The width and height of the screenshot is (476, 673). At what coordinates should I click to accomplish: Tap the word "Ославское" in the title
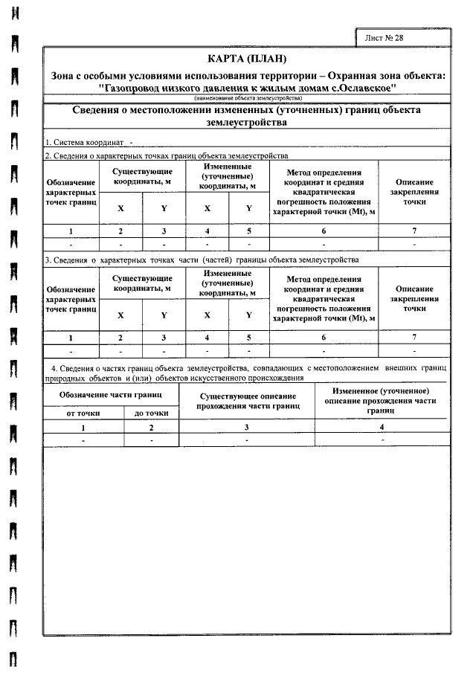(x=362, y=88)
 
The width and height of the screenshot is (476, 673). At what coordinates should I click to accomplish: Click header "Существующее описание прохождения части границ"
(x=248, y=402)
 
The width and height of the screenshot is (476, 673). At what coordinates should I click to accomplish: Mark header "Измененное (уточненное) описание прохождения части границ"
(x=380, y=400)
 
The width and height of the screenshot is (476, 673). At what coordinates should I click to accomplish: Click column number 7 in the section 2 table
(x=414, y=231)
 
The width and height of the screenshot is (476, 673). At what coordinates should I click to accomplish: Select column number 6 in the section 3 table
(x=324, y=338)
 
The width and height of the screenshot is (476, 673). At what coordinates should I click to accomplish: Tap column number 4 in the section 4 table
(x=381, y=428)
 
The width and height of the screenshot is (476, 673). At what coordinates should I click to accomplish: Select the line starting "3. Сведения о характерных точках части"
(x=201, y=260)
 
